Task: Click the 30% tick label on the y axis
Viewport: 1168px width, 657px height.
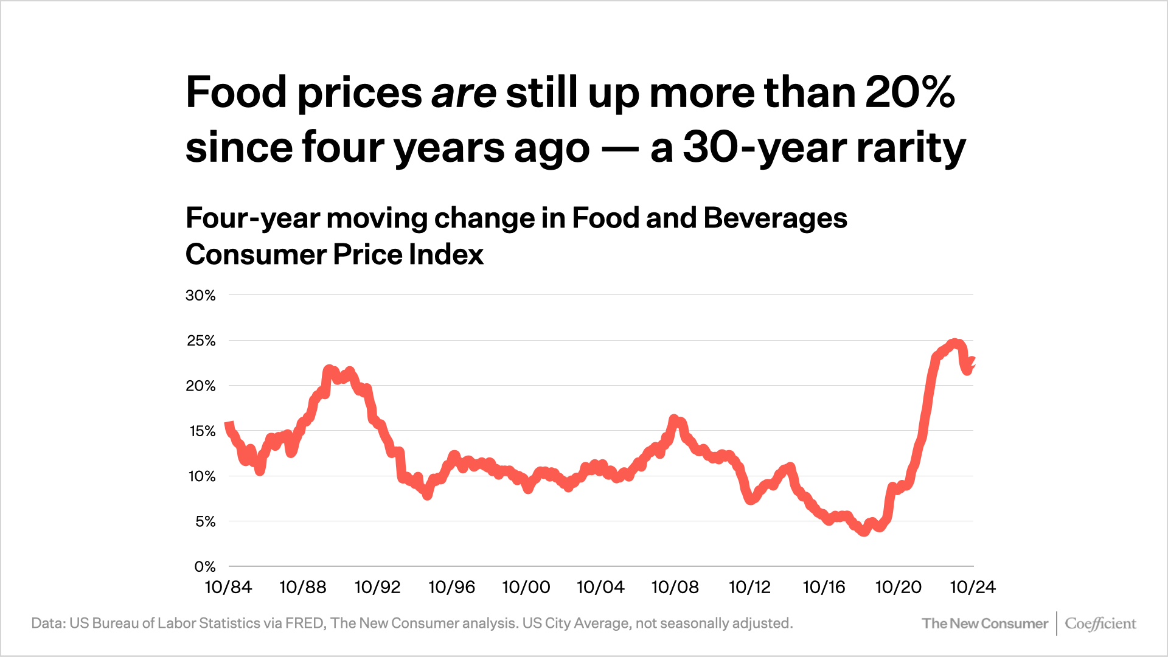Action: [201, 296]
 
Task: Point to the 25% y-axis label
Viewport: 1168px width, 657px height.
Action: [201, 341]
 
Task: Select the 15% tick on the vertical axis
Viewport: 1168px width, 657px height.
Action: [202, 431]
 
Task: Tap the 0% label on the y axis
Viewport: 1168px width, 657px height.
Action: [205, 567]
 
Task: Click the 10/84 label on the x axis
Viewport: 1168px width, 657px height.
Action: [228, 587]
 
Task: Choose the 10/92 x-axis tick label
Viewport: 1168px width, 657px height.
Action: [377, 587]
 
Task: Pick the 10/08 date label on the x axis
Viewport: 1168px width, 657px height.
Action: [675, 587]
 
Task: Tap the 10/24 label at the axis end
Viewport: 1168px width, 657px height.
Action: [972, 587]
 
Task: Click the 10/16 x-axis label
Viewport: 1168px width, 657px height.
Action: [824, 587]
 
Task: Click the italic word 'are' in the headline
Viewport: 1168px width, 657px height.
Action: [464, 93]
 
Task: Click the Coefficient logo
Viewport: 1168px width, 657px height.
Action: [1100, 624]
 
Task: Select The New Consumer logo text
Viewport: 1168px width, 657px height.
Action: [984, 624]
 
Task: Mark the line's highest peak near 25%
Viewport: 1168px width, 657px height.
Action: [954, 344]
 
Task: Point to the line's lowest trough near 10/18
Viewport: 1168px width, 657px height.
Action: [864, 532]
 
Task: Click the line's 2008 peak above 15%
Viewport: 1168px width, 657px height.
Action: [673, 419]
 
